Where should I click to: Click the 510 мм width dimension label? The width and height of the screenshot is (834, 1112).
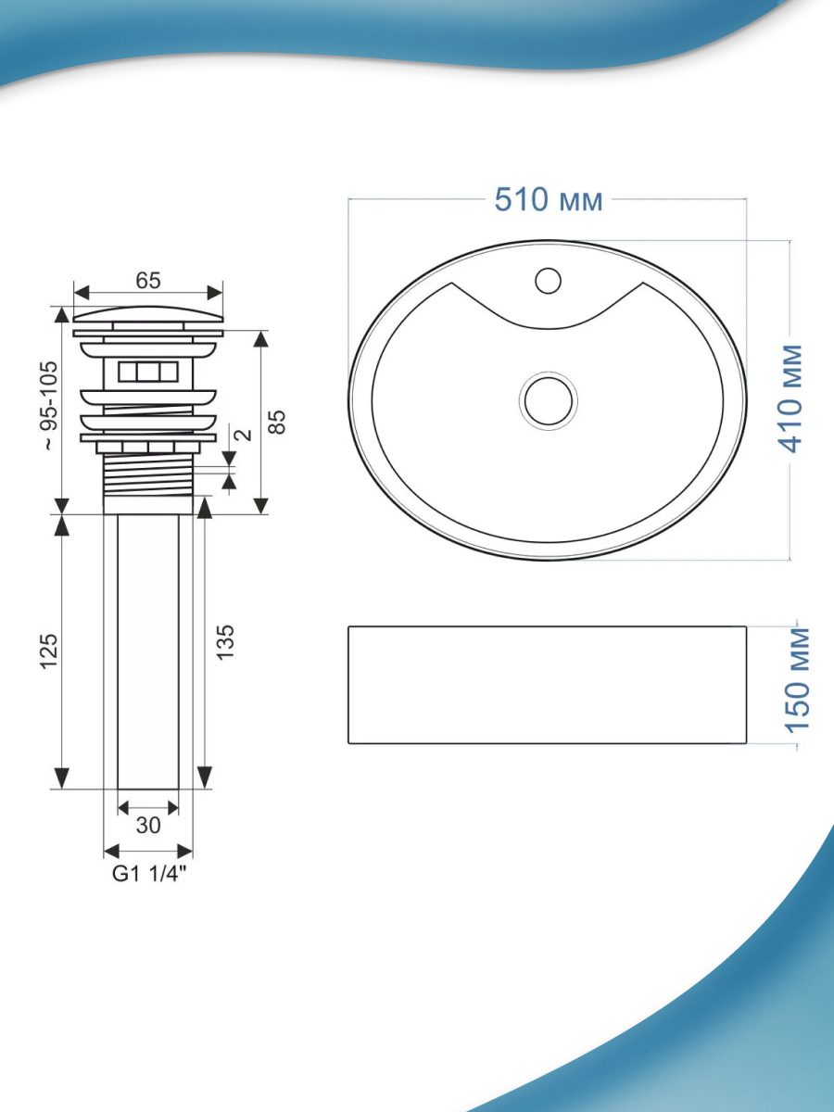click(549, 199)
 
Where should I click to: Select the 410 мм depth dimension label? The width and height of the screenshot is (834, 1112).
click(790, 398)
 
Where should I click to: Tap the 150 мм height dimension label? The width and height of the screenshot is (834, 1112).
click(797, 680)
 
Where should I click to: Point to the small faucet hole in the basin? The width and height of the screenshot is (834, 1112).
click(548, 281)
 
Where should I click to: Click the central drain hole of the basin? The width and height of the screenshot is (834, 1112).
click(549, 400)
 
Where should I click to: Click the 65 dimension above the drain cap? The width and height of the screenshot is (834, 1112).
click(148, 280)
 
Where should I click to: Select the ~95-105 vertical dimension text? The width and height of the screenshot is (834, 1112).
click(50, 405)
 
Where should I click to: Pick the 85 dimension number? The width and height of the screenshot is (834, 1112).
click(277, 422)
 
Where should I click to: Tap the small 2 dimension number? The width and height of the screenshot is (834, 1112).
click(244, 435)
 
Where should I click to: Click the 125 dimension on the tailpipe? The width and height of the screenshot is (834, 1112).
click(50, 651)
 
